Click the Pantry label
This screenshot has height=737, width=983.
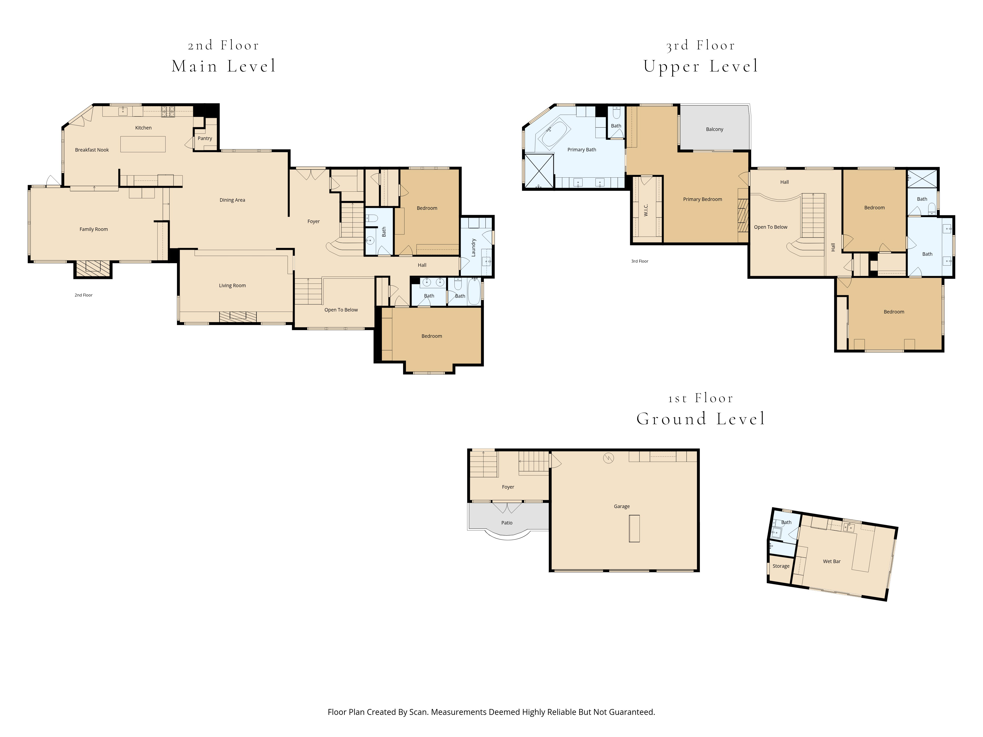pos(205,138)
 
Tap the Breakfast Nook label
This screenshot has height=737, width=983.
pos(92,150)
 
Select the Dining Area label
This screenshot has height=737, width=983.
pos(232,200)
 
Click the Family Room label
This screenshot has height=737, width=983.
pos(94,229)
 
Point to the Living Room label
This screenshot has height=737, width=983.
pos(232,285)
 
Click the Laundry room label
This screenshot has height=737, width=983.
pos(474,247)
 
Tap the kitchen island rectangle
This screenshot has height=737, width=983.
pos(143,144)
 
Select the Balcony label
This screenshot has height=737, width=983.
pos(715,129)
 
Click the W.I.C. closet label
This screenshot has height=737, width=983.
pos(646,210)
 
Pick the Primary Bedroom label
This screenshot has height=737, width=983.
pos(703,199)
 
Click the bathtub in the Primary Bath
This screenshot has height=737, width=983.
pos(555,135)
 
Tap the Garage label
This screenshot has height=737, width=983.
pos(622,506)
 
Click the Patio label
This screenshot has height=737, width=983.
pos(507,523)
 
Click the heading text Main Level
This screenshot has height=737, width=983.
pos(224,66)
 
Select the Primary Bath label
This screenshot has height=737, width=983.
pos(582,149)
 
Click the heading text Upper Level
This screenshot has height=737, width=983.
pos(701,66)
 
